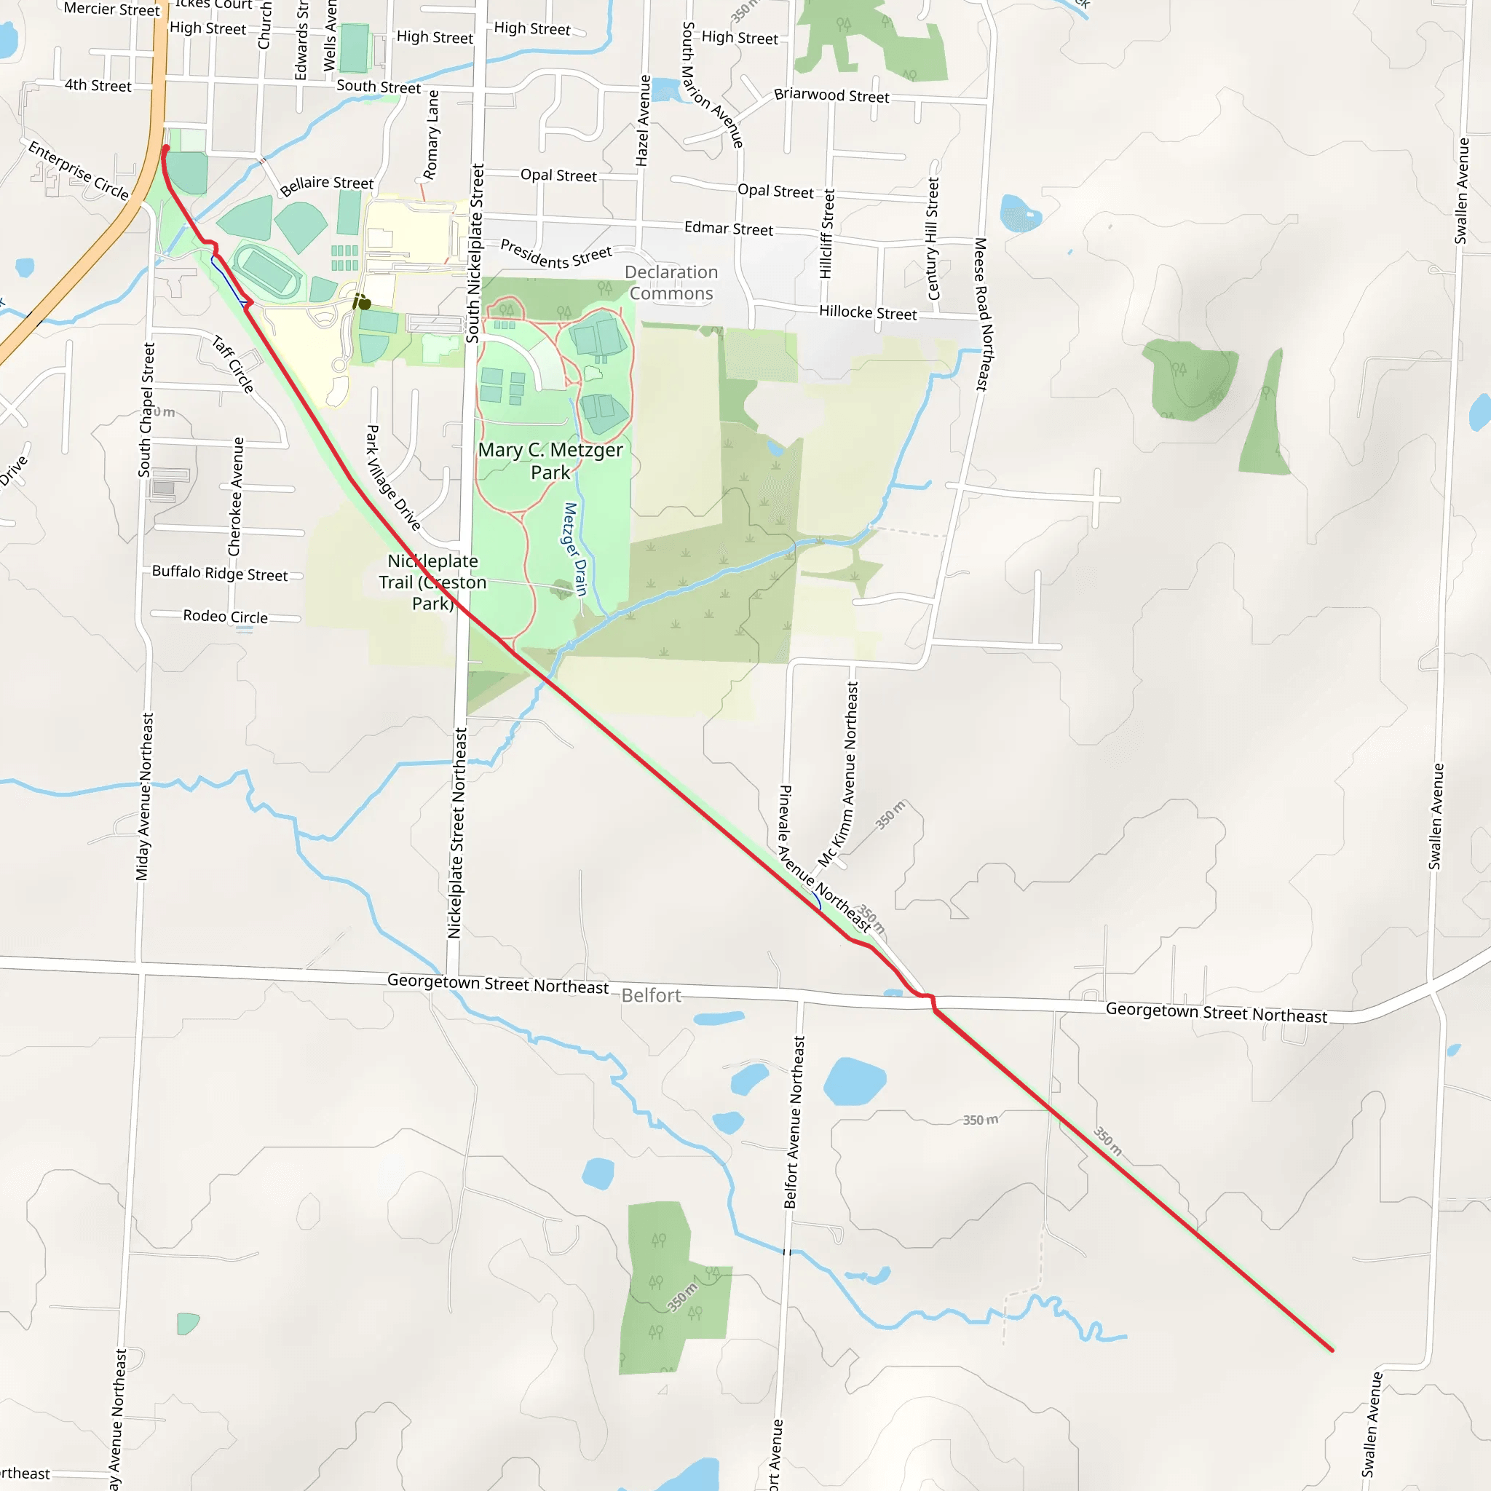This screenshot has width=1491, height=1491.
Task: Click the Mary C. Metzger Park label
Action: click(x=550, y=461)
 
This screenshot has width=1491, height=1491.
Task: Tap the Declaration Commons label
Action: click(x=671, y=282)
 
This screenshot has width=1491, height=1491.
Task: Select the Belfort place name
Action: click(x=651, y=994)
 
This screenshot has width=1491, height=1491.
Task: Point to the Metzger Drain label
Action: click(x=576, y=549)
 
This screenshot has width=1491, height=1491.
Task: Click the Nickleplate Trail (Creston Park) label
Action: click(x=432, y=582)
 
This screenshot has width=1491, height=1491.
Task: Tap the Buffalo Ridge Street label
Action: click(x=219, y=573)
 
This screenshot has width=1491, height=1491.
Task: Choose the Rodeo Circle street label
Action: click(x=226, y=616)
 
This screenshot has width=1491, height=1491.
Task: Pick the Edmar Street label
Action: click(x=728, y=229)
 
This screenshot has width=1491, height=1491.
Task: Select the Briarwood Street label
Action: click(x=831, y=95)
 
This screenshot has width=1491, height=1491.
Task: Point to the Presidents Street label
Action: click(x=555, y=254)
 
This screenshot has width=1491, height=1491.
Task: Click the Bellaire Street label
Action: click(x=326, y=184)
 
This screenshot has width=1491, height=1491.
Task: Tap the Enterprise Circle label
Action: click(x=78, y=170)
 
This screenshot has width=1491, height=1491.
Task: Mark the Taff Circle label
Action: click(x=233, y=364)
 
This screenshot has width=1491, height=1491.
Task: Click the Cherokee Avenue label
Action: click(x=236, y=497)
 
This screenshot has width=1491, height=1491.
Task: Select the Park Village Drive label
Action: click(x=393, y=478)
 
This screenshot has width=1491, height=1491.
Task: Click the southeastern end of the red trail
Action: click(x=1332, y=1350)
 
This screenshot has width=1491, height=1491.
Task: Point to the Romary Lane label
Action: click(x=432, y=135)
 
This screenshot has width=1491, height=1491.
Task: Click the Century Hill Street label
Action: click(x=933, y=239)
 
